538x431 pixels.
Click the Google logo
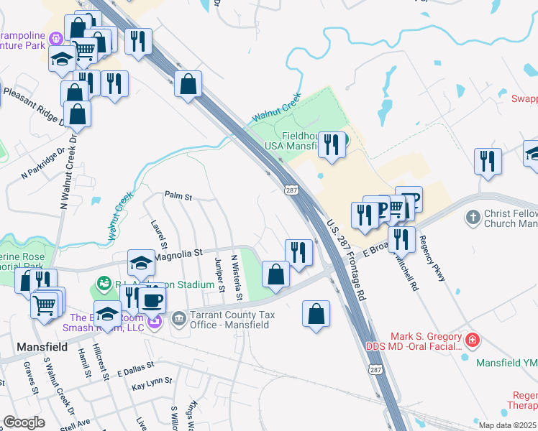pyautogui.click(x=24, y=422)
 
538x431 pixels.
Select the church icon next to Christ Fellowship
pyautogui.click(x=473, y=217)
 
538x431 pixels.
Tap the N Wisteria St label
pyautogui.click(x=234, y=277)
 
